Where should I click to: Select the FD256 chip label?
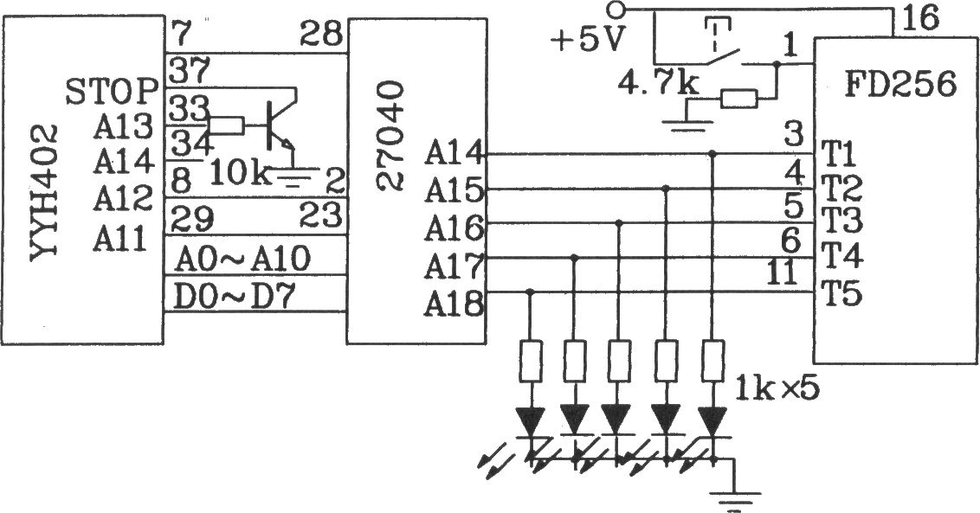[x=900, y=83]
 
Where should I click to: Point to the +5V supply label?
[x=588, y=42]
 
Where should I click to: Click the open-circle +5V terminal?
[x=616, y=10]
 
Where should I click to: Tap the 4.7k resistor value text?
[x=658, y=83]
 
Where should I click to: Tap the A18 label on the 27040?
[x=454, y=305]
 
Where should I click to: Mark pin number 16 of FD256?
[x=919, y=18]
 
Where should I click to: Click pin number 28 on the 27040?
[x=321, y=34]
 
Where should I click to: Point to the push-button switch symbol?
[x=725, y=47]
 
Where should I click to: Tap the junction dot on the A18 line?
[x=530, y=292]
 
